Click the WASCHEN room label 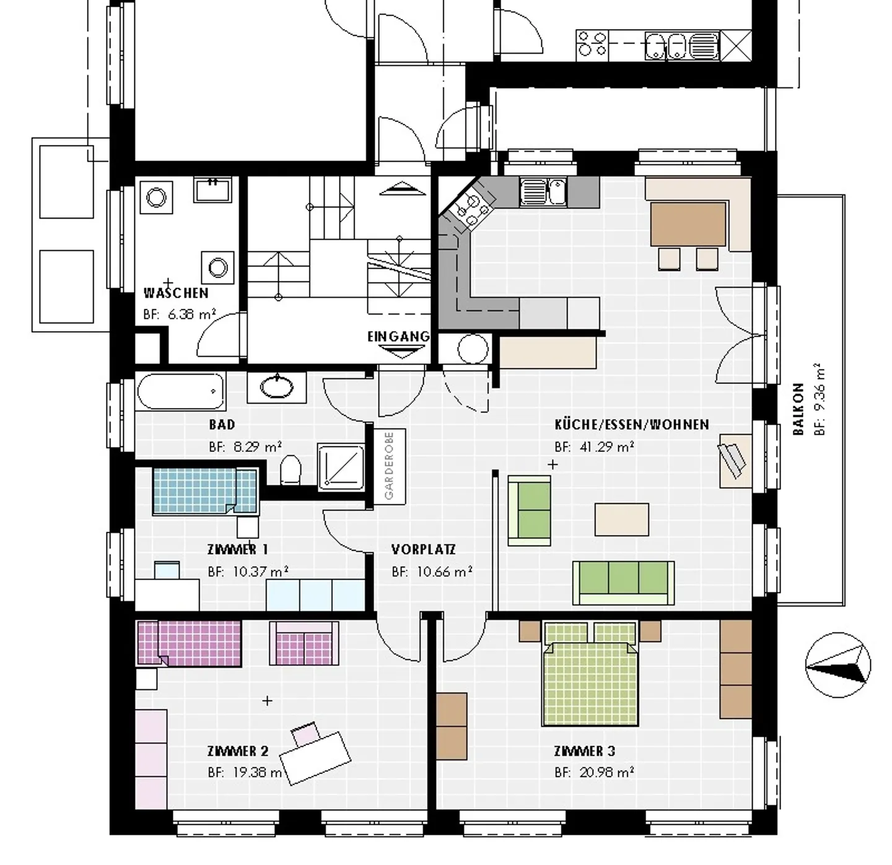(176, 293)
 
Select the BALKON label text (798, 409)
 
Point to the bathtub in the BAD (180, 391)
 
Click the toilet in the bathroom (290, 470)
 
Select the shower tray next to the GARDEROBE (341, 467)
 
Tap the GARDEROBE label (389, 466)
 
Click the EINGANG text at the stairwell (398, 336)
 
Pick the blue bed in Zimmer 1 (204, 491)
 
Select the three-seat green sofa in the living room (623, 582)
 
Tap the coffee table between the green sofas (622, 519)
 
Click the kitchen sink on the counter (543, 191)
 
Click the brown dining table (688, 224)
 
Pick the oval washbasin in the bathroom (276, 387)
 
